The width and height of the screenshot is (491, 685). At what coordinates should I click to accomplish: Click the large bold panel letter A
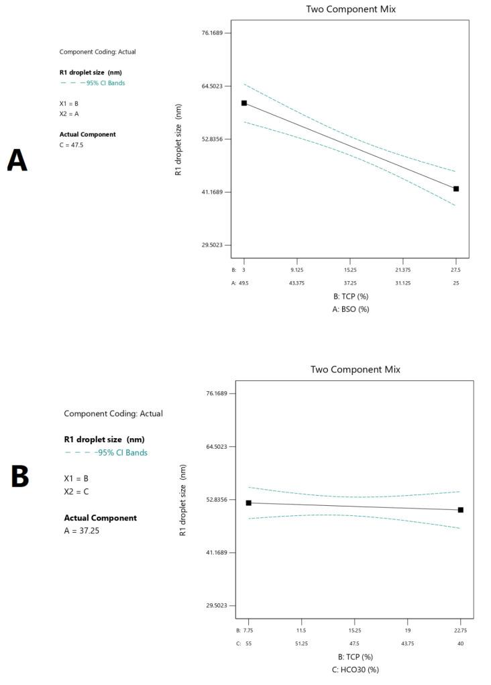(17, 161)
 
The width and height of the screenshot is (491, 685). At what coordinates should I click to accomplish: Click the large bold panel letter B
(20, 476)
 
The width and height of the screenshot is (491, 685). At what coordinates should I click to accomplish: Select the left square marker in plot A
(244, 103)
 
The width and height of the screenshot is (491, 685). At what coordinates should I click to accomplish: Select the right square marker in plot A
(456, 189)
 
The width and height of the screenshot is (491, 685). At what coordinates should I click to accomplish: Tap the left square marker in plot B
(249, 503)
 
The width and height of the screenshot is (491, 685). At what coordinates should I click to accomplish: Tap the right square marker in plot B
(461, 510)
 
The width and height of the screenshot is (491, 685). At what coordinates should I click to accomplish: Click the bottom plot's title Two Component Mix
(356, 369)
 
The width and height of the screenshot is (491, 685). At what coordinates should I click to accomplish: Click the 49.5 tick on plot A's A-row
(244, 283)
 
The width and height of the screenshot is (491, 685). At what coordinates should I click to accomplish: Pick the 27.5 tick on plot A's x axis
(456, 270)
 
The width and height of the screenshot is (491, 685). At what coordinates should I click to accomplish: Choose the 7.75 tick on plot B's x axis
(249, 631)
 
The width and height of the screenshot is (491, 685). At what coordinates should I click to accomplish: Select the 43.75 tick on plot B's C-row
(408, 643)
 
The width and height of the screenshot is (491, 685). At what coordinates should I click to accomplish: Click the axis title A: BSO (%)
(351, 309)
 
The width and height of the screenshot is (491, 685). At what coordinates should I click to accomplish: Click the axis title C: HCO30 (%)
(356, 670)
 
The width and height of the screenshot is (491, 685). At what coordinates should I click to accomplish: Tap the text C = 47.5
(72, 145)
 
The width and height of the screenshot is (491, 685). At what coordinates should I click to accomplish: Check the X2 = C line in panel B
(76, 492)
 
